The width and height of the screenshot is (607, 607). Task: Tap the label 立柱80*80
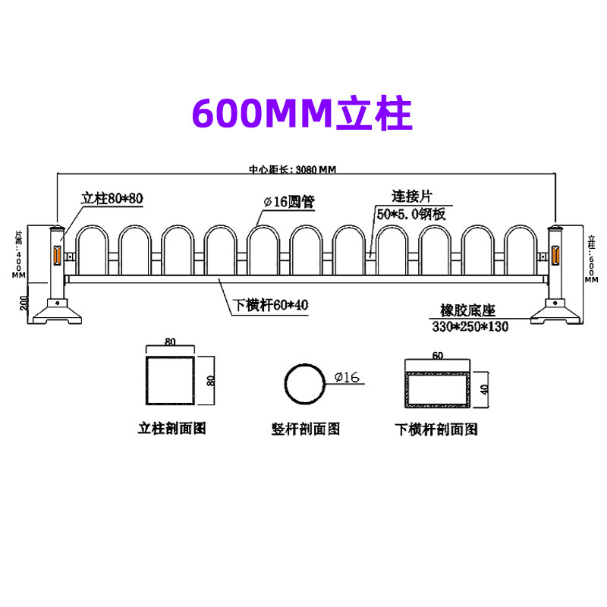point(112,199)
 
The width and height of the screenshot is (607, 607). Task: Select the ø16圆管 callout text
point(288,203)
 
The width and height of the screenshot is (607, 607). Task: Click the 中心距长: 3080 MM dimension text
point(292,170)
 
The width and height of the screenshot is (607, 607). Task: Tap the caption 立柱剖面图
point(171,429)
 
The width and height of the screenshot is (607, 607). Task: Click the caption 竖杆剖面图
point(306,429)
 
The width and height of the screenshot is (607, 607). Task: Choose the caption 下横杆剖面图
point(437,429)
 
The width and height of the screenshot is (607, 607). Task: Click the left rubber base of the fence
point(58,312)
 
